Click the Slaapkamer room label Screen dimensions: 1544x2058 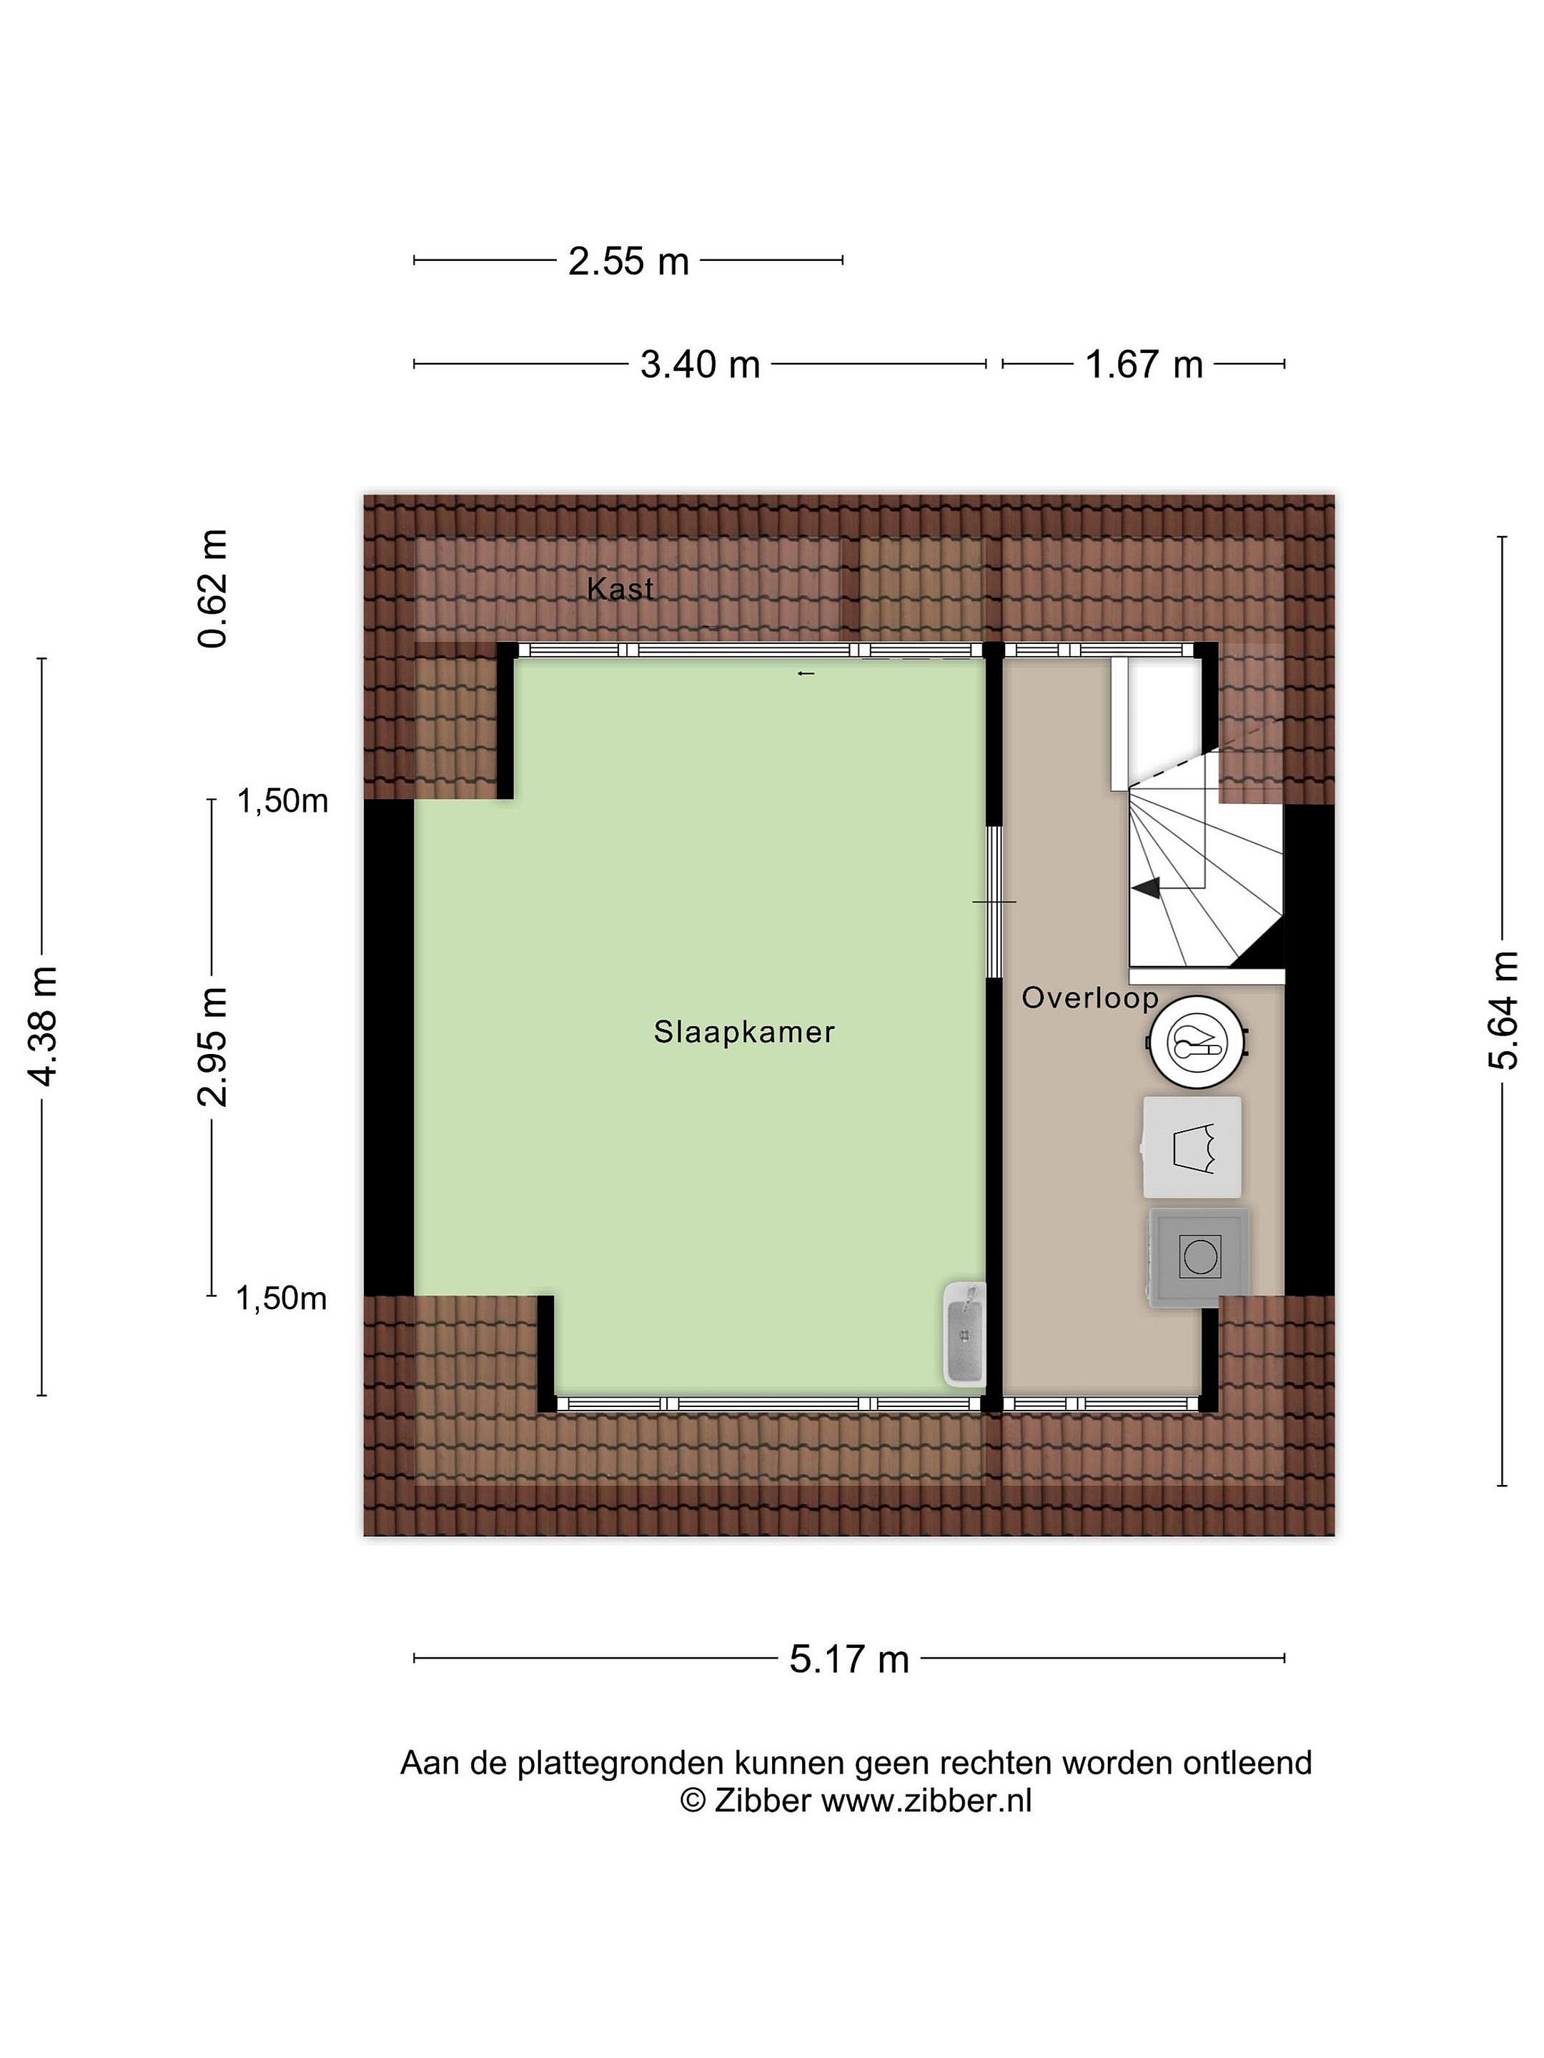tap(743, 1032)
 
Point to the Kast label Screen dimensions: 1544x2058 tap(620, 588)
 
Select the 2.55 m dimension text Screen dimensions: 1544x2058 tap(628, 262)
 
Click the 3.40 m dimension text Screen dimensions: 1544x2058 tap(700, 364)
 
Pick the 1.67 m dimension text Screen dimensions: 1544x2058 tap(1144, 364)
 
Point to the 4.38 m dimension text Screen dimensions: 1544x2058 tap(44, 1026)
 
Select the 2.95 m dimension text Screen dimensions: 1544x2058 tap(213, 1048)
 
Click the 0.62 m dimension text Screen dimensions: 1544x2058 tap(213, 588)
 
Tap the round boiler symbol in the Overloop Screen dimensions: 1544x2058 tap(1196, 1041)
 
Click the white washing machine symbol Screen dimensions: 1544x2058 tap(1192, 1147)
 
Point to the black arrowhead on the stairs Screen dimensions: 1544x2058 tap(1146, 888)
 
